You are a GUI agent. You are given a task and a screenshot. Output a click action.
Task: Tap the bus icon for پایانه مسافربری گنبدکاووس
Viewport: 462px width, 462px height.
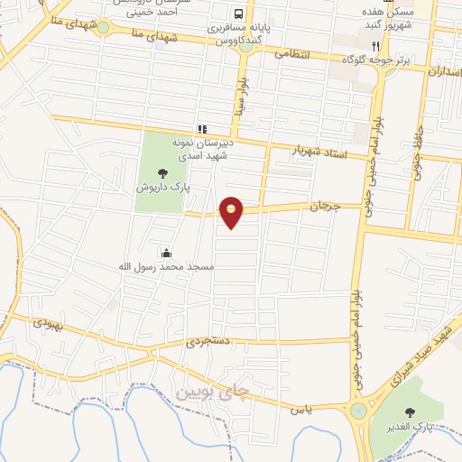pos(238,14)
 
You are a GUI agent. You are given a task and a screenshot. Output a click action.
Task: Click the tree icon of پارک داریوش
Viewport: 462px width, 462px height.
pos(162,172)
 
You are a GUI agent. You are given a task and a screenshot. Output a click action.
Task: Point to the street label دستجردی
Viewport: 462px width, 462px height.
pos(209,342)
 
